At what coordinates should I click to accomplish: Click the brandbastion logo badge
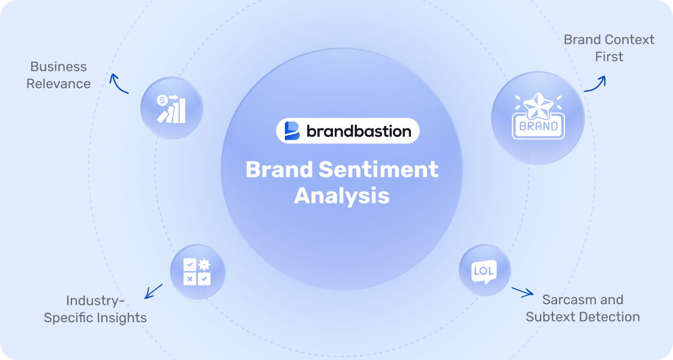pyautogui.click(x=348, y=131)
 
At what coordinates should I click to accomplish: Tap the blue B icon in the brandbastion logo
pyautogui.click(x=292, y=131)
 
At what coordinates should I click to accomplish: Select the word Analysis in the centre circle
pyautogui.click(x=341, y=196)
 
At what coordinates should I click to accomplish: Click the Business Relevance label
pyautogui.click(x=58, y=75)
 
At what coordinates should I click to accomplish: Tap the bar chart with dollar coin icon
pyautogui.click(x=172, y=109)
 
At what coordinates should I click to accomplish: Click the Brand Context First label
pyautogui.click(x=609, y=48)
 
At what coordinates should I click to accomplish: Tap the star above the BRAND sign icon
pyautogui.click(x=537, y=104)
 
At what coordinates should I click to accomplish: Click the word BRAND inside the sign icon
pyautogui.click(x=538, y=127)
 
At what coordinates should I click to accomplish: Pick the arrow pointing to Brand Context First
pyautogui.click(x=595, y=84)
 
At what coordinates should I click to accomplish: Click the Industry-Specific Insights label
pyautogui.click(x=95, y=309)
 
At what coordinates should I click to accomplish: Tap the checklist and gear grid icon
pyautogui.click(x=197, y=272)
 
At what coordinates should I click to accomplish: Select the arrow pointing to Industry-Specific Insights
pyautogui.click(x=154, y=291)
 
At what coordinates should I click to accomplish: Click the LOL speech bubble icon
pyautogui.click(x=484, y=271)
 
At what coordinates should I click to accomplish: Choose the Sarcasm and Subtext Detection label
pyautogui.click(x=582, y=308)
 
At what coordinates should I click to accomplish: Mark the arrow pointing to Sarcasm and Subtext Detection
pyautogui.click(x=522, y=292)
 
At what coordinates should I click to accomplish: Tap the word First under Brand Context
pyautogui.click(x=609, y=56)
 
